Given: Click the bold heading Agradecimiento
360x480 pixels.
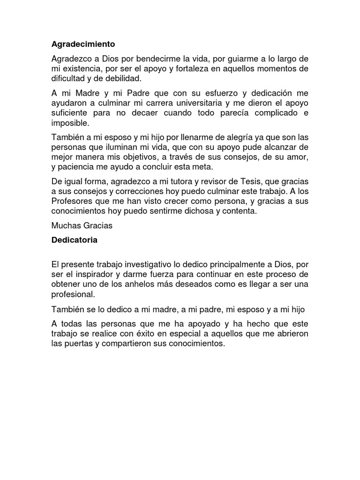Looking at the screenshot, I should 83,45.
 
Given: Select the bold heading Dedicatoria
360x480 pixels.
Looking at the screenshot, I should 75,240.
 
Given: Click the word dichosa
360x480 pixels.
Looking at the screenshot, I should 205,211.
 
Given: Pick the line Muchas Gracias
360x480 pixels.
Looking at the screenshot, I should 82,225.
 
